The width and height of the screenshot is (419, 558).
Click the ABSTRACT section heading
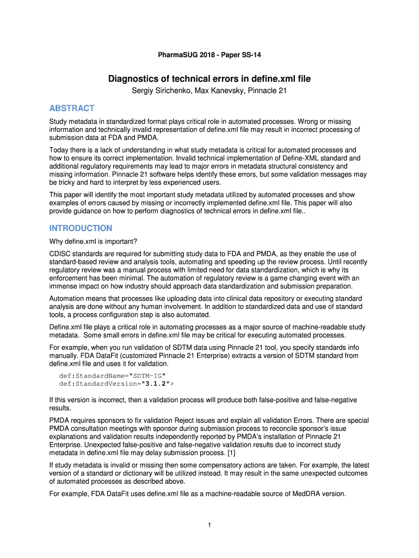click(x=71, y=108)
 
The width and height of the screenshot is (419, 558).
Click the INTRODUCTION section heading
click(x=81, y=228)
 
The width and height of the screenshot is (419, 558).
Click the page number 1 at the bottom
click(x=209, y=525)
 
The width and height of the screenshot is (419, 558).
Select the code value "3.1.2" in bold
click(x=156, y=384)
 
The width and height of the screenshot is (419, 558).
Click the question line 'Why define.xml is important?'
click(x=93, y=241)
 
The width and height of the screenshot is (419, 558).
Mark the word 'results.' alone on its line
click(x=61, y=408)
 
